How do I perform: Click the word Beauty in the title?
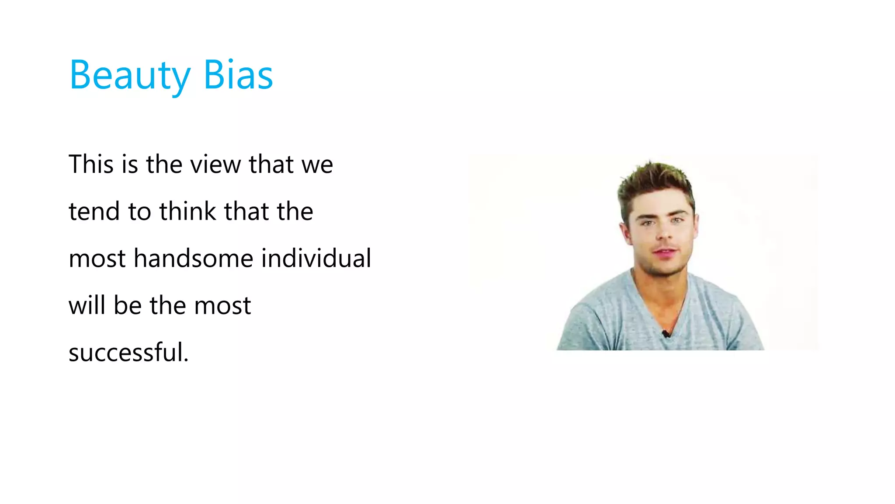[x=130, y=76]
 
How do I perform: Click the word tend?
[x=94, y=211]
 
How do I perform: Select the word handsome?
[x=194, y=258]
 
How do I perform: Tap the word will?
[x=87, y=305]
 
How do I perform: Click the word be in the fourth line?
[x=128, y=305]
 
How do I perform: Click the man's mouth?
[x=664, y=252]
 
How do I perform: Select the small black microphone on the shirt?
[x=666, y=334]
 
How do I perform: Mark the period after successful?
[x=186, y=360]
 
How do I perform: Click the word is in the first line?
[x=130, y=164]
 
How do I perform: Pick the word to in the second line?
[x=139, y=212]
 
